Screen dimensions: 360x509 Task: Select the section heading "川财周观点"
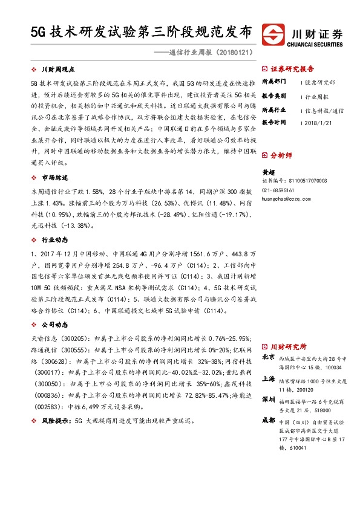point(56,70)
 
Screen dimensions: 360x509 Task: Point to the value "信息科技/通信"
point(324,111)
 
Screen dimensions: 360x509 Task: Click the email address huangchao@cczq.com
point(290,197)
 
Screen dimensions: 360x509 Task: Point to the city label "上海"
point(268,378)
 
